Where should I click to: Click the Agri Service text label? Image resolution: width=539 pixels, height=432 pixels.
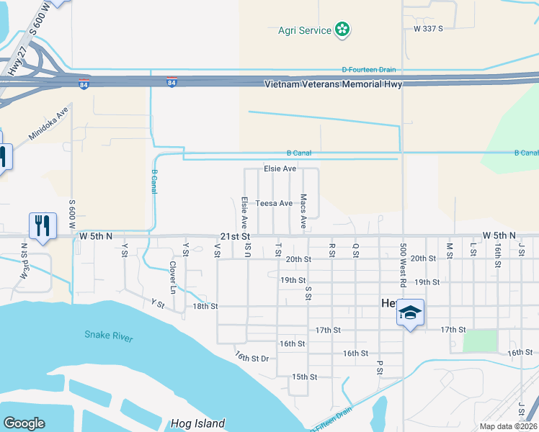[x=305, y=30]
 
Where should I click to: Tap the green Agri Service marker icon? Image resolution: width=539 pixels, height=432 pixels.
[x=343, y=30]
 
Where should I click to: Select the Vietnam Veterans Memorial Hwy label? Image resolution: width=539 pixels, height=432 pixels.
[x=333, y=84]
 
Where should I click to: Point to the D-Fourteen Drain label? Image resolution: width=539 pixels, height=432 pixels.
[x=369, y=70]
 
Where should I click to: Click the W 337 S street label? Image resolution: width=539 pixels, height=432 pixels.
[x=428, y=28]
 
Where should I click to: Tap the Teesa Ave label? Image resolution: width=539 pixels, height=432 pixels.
[x=275, y=203]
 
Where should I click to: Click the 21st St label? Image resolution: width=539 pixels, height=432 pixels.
[x=235, y=236]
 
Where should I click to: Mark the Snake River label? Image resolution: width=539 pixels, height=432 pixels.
[x=109, y=335]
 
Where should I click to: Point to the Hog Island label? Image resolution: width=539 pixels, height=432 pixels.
[x=198, y=423]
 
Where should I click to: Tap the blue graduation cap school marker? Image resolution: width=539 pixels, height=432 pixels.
[x=410, y=312]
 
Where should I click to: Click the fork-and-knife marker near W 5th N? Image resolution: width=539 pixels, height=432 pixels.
[x=43, y=226]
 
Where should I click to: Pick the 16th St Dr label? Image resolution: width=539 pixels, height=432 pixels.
[x=251, y=357]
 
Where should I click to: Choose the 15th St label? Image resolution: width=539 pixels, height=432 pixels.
[x=305, y=377]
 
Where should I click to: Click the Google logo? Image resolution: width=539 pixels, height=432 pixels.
[x=24, y=423]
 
